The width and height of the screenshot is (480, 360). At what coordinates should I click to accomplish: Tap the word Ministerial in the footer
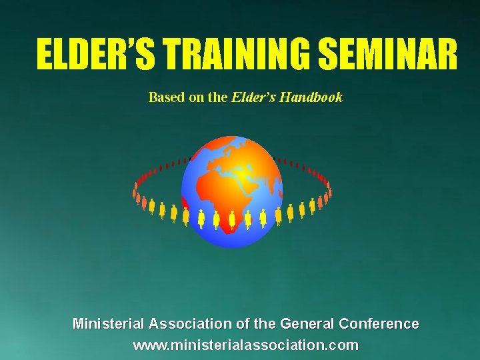108,325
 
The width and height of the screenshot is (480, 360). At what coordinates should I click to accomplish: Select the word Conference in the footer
379,325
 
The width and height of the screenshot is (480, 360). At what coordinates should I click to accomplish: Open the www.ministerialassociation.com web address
245,346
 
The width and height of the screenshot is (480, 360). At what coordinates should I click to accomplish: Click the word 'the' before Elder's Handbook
218,97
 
